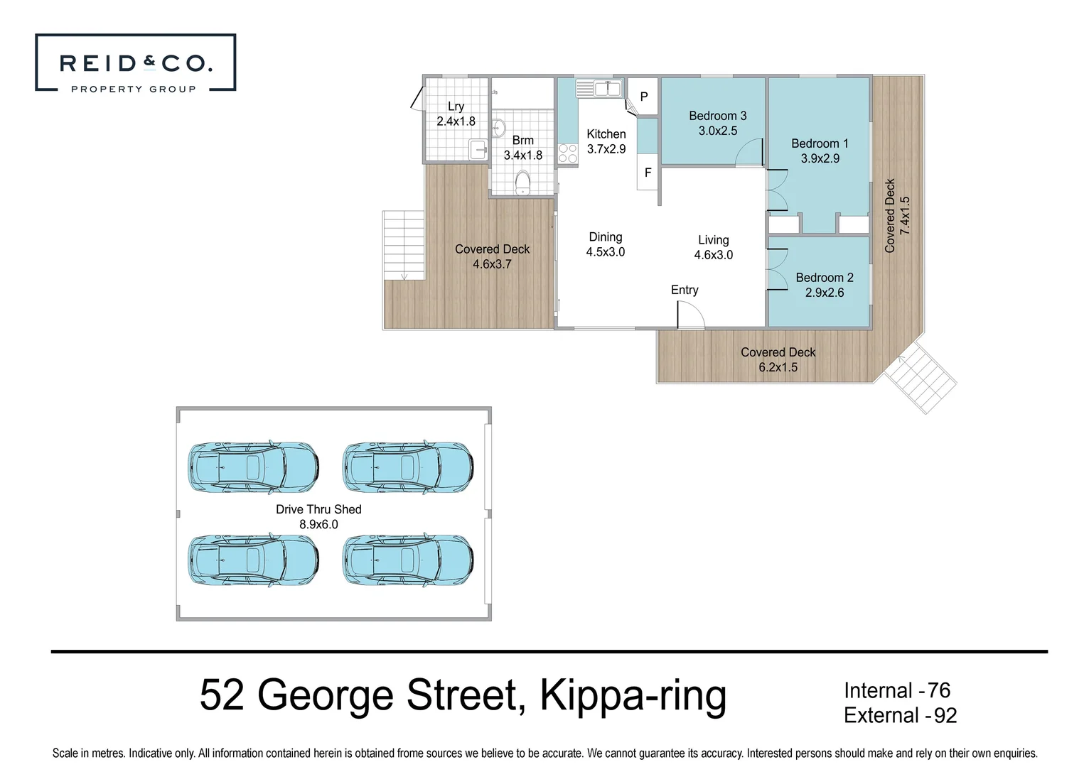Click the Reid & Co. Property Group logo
(135, 63)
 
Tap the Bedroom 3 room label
(717, 116)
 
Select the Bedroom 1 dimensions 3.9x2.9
(820, 158)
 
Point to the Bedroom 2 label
(824, 278)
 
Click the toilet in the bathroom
(522, 183)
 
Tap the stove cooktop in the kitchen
(567, 154)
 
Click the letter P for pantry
(644, 97)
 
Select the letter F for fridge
(648, 173)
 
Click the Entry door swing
(689, 315)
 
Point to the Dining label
(605, 237)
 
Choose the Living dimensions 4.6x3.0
(713, 255)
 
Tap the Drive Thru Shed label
(318, 509)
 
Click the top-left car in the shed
(253, 467)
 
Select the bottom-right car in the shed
(408, 560)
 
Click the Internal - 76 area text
(896, 690)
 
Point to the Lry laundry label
(456, 107)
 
